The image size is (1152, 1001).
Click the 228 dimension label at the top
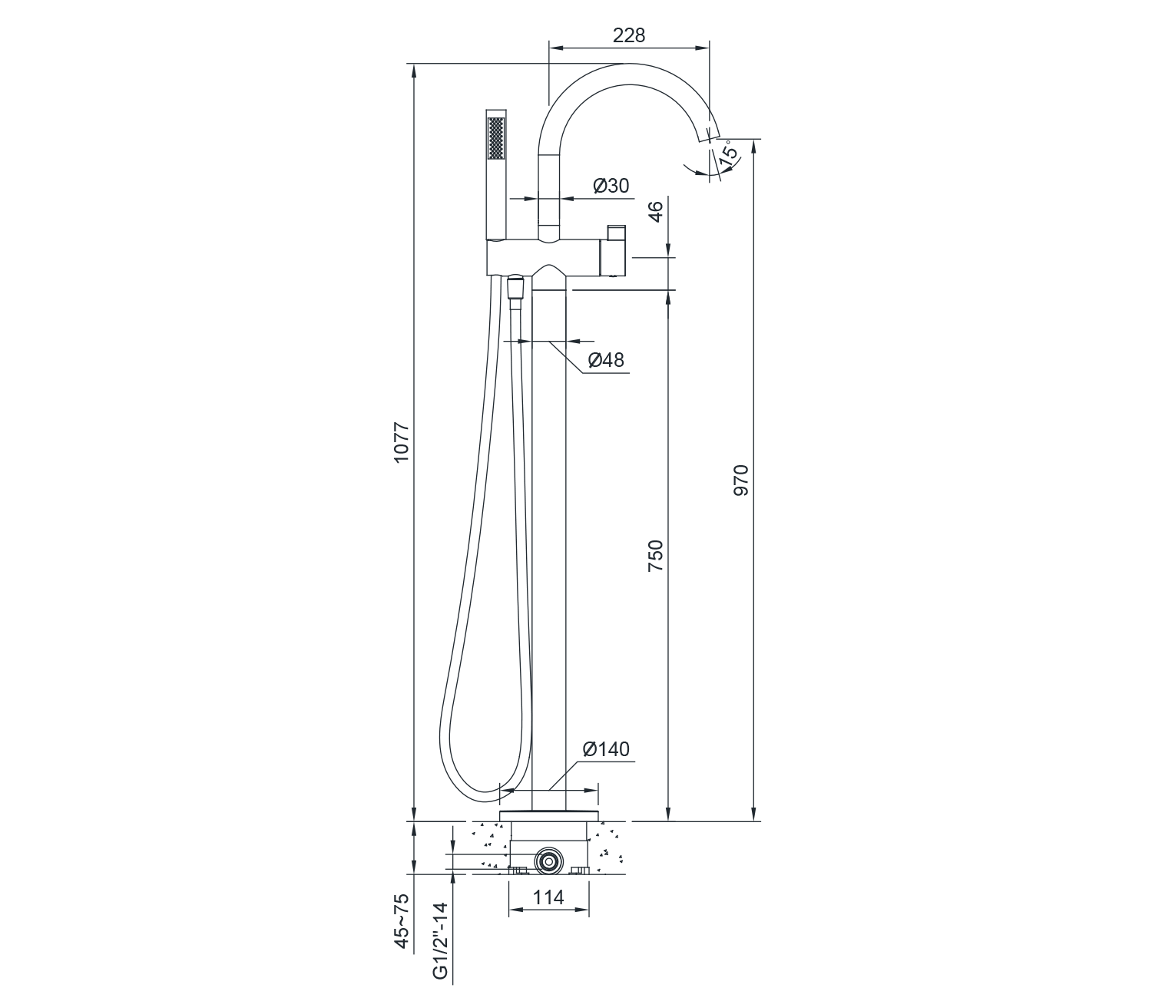(x=628, y=35)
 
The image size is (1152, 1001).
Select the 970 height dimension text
(x=741, y=480)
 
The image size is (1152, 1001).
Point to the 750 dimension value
(x=655, y=556)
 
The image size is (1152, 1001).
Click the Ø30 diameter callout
(x=611, y=186)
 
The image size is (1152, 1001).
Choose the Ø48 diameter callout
(x=606, y=359)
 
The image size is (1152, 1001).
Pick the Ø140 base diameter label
(x=606, y=749)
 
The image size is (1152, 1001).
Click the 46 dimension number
(x=657, y=211)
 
